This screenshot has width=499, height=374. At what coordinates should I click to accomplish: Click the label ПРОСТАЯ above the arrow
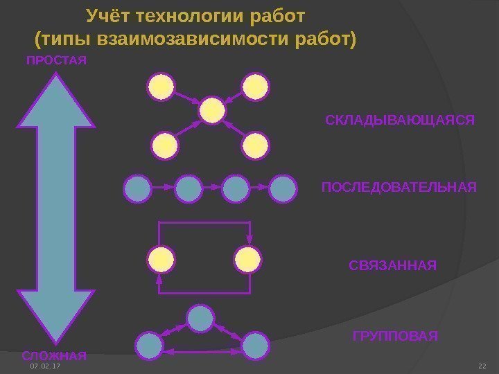pos(56,61)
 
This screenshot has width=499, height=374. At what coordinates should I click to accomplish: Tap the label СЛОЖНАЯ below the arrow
pos(54,356)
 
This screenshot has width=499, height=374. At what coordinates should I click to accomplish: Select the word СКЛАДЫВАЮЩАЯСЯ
pos(400,121)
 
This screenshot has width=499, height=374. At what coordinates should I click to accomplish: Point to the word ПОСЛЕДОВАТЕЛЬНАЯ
pos(400,188)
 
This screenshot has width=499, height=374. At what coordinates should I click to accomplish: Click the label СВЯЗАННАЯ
pos(393,265)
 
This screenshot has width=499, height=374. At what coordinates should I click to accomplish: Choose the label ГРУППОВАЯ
pos(395,337)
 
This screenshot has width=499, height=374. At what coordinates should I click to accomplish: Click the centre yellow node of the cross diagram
pos(212,110)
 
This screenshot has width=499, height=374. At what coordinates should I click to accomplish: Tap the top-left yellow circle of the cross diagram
pos(162,87)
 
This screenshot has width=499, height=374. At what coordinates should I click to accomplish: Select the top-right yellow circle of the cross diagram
pos(256,87)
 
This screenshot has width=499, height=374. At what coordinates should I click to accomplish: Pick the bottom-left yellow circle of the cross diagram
pos(164,145)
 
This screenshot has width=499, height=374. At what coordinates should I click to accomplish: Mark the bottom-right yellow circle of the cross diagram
pos(256,145)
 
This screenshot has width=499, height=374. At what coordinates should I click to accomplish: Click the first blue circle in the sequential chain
pos(137,188)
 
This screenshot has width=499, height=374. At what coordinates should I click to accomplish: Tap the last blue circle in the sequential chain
pos(282,188)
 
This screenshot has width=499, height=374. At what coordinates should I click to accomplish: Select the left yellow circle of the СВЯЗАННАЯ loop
pos(161,259)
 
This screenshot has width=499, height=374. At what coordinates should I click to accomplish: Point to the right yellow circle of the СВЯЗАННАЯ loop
pos(247,259)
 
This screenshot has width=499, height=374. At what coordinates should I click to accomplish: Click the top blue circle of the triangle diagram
pos(200,318)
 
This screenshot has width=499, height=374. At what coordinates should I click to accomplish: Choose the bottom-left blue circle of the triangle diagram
pos(148,345)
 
